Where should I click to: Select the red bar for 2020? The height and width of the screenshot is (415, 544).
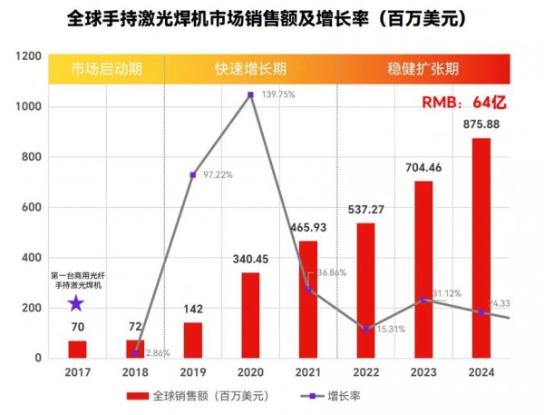(x=250, y=315)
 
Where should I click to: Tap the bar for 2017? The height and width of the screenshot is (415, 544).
(x=77, y=349)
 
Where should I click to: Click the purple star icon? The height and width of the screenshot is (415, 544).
(x=76, y=303)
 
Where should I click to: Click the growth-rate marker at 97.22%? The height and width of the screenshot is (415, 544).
(x=192, y=174)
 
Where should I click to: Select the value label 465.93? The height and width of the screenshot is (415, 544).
(x=308, y=228)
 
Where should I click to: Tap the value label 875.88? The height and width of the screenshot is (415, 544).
(x=481, y=125)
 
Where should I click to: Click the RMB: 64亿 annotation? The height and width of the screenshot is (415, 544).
(x=463, y=102)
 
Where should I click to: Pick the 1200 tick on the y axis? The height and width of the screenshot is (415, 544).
(x=30, y=56)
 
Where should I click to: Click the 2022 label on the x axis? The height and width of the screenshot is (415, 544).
(x=365, y=371)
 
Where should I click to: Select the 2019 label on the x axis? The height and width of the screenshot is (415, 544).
(x=192, y=371)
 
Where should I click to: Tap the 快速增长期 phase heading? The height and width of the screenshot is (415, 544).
(x=250, y=68)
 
